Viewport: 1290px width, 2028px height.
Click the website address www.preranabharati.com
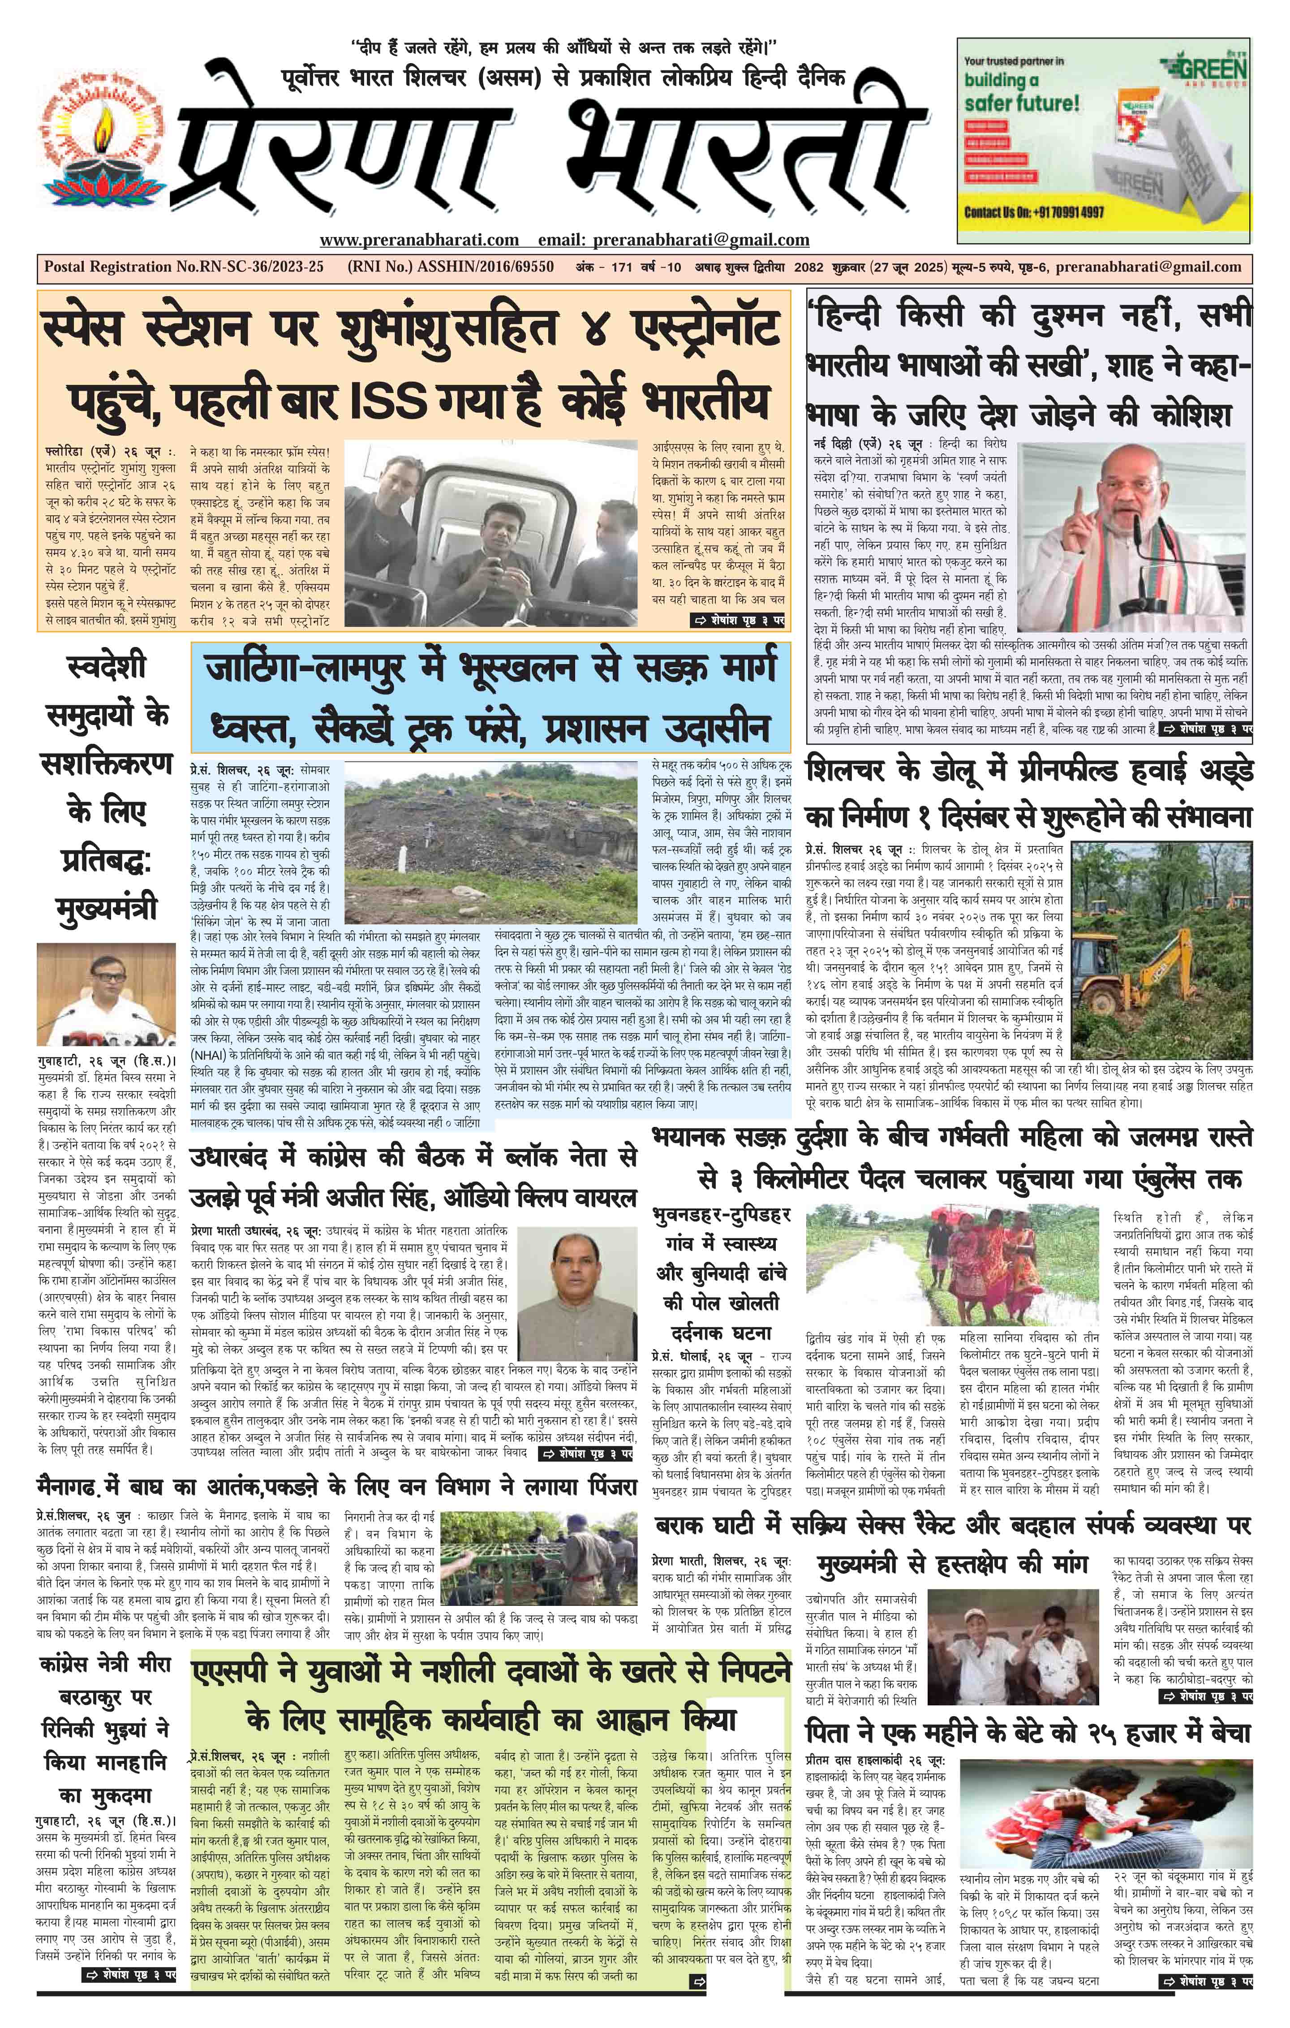coord(419,240)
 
